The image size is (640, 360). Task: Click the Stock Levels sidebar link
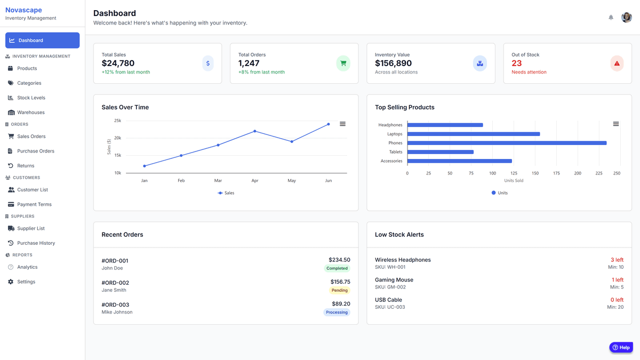(x=31, y=98)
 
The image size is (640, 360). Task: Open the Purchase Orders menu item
(x=36, y=151)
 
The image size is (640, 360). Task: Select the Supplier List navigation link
(x=31, y=228)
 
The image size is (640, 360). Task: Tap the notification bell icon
(x=611, y=18)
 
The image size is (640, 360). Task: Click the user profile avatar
(x=627, y=18)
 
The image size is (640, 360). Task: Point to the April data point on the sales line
(x=255, y=131)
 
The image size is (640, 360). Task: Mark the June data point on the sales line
(x=329, y=124)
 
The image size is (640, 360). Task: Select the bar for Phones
(x=507, y=143)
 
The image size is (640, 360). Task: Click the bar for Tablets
(x=441, y=152)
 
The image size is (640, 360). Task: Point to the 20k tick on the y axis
(x=118, y=138)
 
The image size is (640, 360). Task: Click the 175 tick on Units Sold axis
(x=556, y=173)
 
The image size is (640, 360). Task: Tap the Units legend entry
(x=500, y=193)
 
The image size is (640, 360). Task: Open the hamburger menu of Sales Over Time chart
(x=342, y=124)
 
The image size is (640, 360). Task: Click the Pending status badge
(x=340, y=291)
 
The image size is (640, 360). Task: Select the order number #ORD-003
(x=115, y=305)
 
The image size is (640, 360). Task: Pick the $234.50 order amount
(x=339, y=260)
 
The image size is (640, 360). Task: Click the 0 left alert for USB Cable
(x=617, y=300)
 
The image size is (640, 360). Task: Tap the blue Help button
(x=621, y=347)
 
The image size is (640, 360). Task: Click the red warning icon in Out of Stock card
(x=617, y=63)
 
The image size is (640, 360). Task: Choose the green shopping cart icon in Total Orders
(x=343, y=63)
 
